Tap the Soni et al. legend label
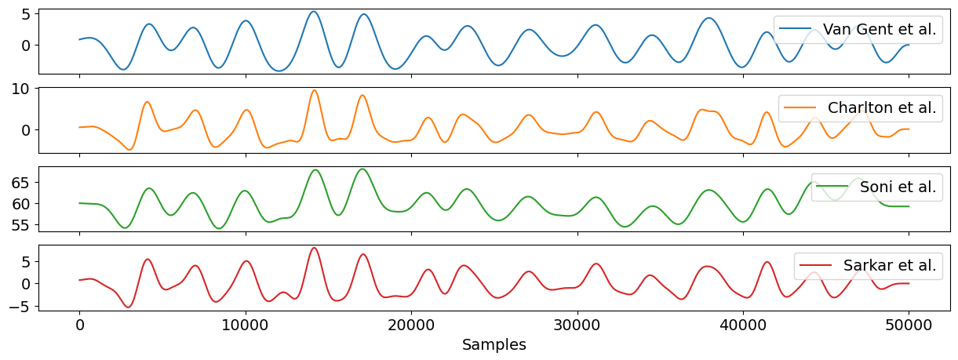pos(898,187)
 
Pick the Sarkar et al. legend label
pos(890,265)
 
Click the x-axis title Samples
pos(494,345)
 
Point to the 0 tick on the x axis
pos(79,324)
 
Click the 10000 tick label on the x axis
pos(246,324)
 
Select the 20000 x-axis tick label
pos(411,324)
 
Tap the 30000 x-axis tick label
pos(577,324)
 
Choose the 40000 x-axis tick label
pos(743,324)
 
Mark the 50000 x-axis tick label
pos(909,324)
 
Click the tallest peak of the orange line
pos(315,90)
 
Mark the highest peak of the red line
pos(314,248)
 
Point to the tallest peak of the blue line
pos(314,12)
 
